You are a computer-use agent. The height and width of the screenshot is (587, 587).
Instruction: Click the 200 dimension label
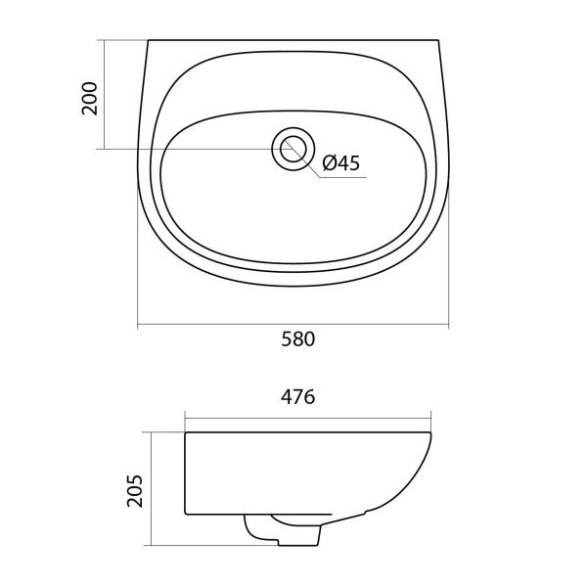(89, 98)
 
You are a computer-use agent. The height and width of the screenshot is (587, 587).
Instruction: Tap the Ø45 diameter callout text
(341, 163)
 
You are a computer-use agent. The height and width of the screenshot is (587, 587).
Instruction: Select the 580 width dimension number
(298, 339)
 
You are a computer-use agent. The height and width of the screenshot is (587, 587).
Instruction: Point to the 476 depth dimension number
(298, 397)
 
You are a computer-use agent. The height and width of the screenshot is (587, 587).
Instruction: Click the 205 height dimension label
(135, 491)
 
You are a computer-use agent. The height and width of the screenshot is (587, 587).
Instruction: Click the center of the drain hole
(293, 149)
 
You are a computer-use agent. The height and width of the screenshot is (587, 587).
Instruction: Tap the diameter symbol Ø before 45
(330, 163)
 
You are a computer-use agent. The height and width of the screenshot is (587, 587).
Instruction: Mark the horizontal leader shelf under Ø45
(342, 177)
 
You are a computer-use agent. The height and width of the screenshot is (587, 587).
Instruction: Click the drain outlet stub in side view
(283, 530)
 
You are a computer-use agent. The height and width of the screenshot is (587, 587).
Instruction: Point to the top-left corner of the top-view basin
(149, 40)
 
